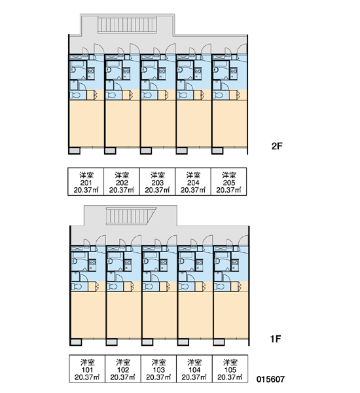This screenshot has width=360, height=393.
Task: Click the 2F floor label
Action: coord(277,146)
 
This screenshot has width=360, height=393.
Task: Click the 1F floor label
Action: coord(276,339)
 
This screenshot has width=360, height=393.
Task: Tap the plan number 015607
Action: coord(270,379)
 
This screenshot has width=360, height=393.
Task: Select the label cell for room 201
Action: coord(86,181)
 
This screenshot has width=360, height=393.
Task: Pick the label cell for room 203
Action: coord(157,181)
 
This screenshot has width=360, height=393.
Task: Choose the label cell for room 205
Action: coord(228,181)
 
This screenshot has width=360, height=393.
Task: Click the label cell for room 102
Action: coord(123,369)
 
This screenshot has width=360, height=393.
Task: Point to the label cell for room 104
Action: coord(194,369)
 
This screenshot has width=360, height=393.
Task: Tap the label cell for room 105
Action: coord(230,369)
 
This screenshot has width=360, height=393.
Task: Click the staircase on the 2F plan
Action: coord(127,24)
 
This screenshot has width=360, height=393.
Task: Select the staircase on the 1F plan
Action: coord(130,215)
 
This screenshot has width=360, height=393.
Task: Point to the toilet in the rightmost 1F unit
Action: coord(220,286)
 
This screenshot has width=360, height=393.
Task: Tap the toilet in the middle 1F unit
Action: coord(148,286)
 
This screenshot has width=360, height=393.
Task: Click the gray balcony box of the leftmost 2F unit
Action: coord(75,151)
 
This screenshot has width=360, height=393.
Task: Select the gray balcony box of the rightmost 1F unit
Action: coord(219,342)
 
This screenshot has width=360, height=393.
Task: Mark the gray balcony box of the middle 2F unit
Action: coord(146,151)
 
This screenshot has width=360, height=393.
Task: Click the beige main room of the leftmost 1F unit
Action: coord(88,315)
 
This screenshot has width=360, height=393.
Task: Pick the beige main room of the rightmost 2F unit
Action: coord(230,124)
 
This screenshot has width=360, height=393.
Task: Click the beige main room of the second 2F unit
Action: coord(122,124)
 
